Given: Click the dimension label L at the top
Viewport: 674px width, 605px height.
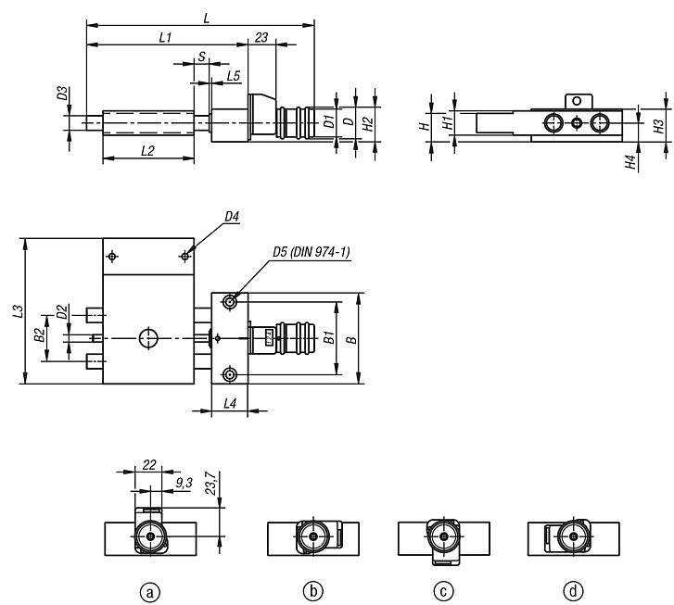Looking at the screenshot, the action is [207, 19].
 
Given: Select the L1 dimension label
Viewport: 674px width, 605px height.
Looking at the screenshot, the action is [166, 38].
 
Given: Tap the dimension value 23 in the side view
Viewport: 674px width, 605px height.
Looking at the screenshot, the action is [261, 38].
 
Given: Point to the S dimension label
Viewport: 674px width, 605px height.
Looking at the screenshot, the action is [201, 57].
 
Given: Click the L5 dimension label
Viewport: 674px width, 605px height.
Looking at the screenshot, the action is [234, 76].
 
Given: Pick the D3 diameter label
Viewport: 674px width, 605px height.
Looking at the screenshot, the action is [63, 94].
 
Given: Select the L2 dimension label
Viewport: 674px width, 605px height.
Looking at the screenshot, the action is [147, 151].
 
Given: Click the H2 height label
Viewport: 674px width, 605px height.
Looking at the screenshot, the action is [368, 124].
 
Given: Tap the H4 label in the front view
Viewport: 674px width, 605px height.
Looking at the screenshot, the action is [630, 162].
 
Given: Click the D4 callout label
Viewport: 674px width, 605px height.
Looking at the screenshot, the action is [232, 217].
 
